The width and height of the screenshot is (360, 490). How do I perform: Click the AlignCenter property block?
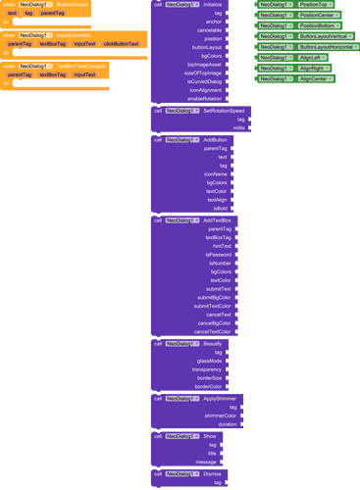[x=315, y=78]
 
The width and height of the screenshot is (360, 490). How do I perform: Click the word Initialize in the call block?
[x=212, y=5]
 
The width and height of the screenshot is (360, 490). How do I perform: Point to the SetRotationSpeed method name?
[x=224, y=111]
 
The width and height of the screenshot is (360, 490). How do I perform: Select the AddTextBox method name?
[x=218, y=220]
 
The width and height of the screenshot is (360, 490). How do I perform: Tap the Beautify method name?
[x=214, y=344]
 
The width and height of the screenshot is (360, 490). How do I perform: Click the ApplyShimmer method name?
[x=220, y=398]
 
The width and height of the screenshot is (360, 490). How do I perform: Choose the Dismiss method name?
[x=212, y=473]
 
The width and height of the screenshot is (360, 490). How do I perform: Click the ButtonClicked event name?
[x=74, y=5]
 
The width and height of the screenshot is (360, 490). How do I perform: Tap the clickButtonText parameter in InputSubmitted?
[x=121, y=43]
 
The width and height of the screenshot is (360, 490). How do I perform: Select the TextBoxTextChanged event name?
[x=81, y=66]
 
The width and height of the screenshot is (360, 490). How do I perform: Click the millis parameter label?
[x=238, y=127]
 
